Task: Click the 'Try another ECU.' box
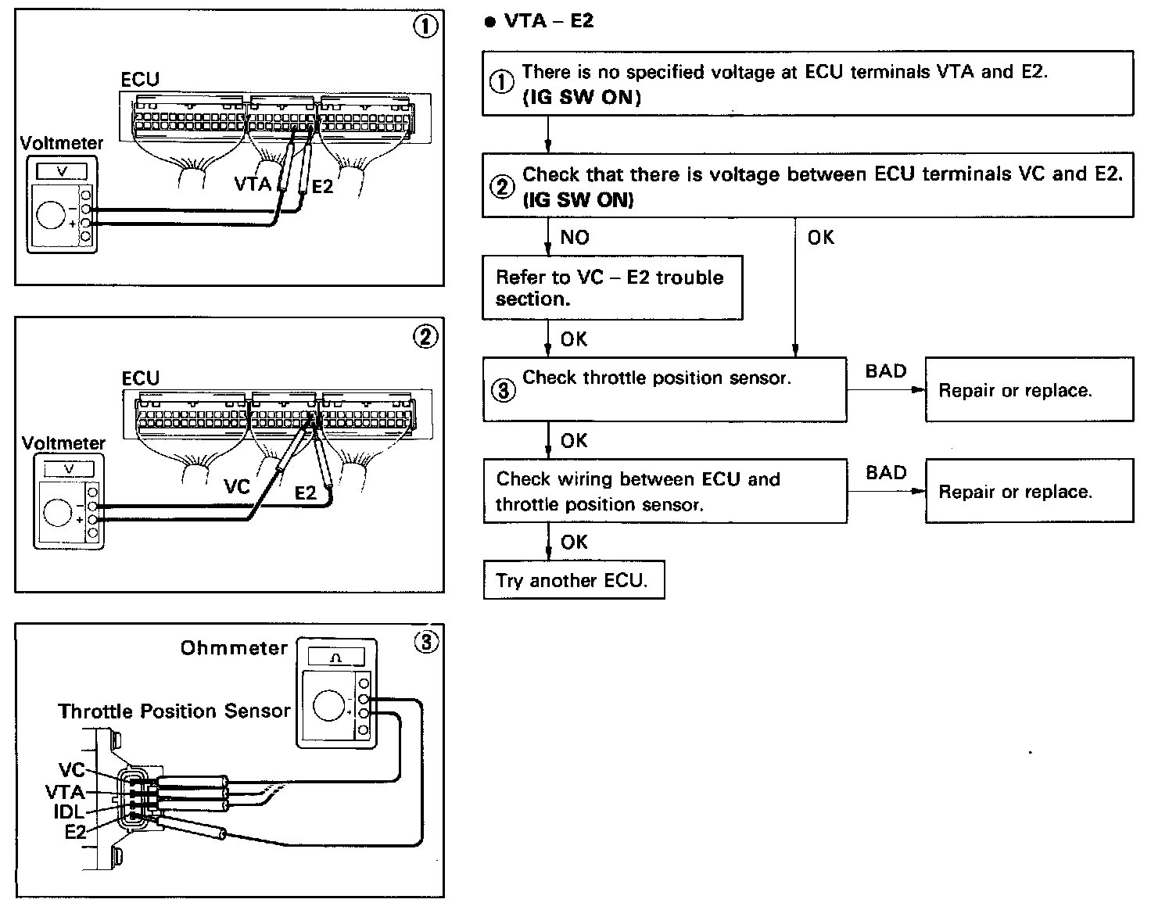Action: point(573,580)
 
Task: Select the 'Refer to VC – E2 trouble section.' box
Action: point(611,288)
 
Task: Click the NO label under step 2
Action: point(575,238)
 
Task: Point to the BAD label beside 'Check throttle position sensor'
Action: point(886,371)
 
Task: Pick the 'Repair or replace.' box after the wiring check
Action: point(1028,491)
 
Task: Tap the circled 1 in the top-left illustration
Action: point(425,27)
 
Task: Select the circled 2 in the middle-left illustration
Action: point(425,337)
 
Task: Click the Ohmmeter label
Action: point(234,648)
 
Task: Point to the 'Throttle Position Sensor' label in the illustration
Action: point(174,711)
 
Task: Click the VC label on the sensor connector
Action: point(71,771)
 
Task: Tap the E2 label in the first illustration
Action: point(322,188)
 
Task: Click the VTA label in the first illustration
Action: point(253,185)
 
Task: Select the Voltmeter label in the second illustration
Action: point(63,443)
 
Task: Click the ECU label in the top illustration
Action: point(140,80)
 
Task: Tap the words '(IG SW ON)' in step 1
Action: point(581,98)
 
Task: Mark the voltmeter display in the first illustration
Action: point(63,171)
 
